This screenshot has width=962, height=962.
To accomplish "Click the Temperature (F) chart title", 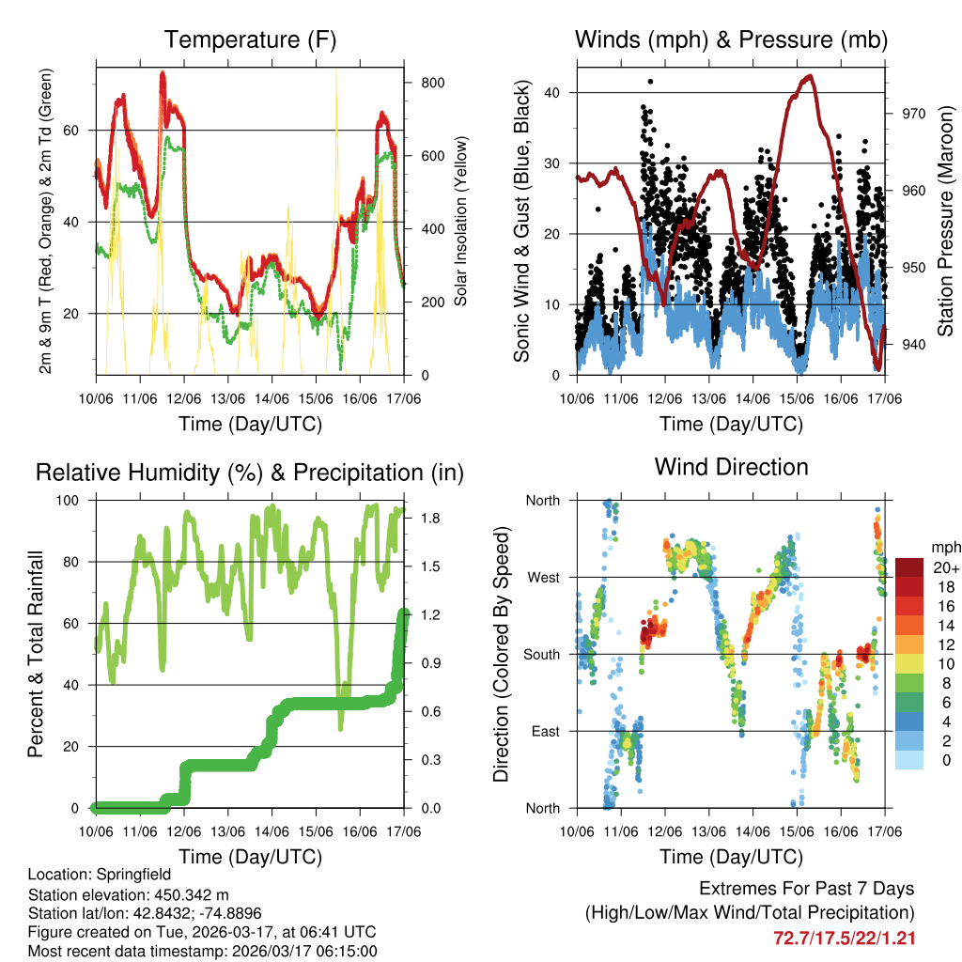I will (250, 40).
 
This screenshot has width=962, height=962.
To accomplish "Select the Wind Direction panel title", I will (731, 467).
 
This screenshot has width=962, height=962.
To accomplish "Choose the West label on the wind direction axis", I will (542, 577).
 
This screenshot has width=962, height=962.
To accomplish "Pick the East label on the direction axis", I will (544, 731).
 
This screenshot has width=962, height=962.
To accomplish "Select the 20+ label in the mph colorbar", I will (944, 568).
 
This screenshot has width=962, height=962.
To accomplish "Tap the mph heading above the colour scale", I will (944, 548).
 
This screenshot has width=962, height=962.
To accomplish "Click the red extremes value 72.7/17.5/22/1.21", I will (844, 938).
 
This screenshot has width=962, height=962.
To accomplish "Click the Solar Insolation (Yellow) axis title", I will (460, 221).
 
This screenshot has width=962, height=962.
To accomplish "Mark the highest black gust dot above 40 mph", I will (649, 82).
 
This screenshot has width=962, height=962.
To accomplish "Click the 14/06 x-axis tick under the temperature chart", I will (272, 398).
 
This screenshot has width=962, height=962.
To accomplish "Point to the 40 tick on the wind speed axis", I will (554, 92).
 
